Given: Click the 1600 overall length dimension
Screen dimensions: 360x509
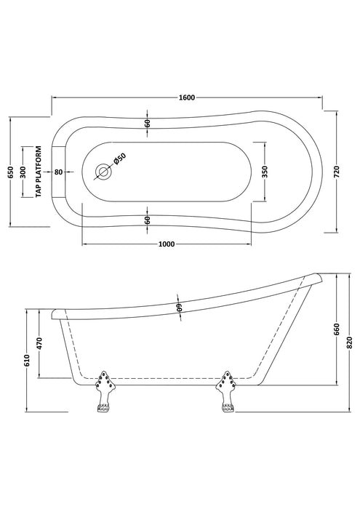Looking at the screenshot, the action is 187,97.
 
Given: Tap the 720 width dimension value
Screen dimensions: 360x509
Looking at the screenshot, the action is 336,171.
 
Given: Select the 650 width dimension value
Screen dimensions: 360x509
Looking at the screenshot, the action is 10,172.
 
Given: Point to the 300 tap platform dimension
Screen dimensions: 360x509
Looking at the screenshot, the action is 23,172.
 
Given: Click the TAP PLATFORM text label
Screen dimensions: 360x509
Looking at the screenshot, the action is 39,172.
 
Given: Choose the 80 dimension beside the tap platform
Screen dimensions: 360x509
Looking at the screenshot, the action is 58,172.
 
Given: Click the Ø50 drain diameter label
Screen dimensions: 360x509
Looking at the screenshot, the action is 119,159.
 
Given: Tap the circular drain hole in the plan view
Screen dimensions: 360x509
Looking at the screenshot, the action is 103,172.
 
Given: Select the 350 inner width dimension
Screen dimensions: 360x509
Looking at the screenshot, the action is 265,171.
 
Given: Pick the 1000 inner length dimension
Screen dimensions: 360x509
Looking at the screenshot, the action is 167,244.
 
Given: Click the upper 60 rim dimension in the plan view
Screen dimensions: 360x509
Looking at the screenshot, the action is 148,123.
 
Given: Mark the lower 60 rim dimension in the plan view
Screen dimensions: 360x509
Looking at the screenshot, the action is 148,220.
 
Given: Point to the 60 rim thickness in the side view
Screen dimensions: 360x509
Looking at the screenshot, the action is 179,308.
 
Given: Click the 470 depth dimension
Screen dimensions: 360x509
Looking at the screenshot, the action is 39,343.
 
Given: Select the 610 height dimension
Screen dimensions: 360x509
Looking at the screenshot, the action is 27,361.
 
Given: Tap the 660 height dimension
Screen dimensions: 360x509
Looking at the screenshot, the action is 337,329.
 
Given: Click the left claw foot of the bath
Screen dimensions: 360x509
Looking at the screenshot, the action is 104,391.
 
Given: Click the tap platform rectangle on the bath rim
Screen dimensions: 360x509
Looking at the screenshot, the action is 59,172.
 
